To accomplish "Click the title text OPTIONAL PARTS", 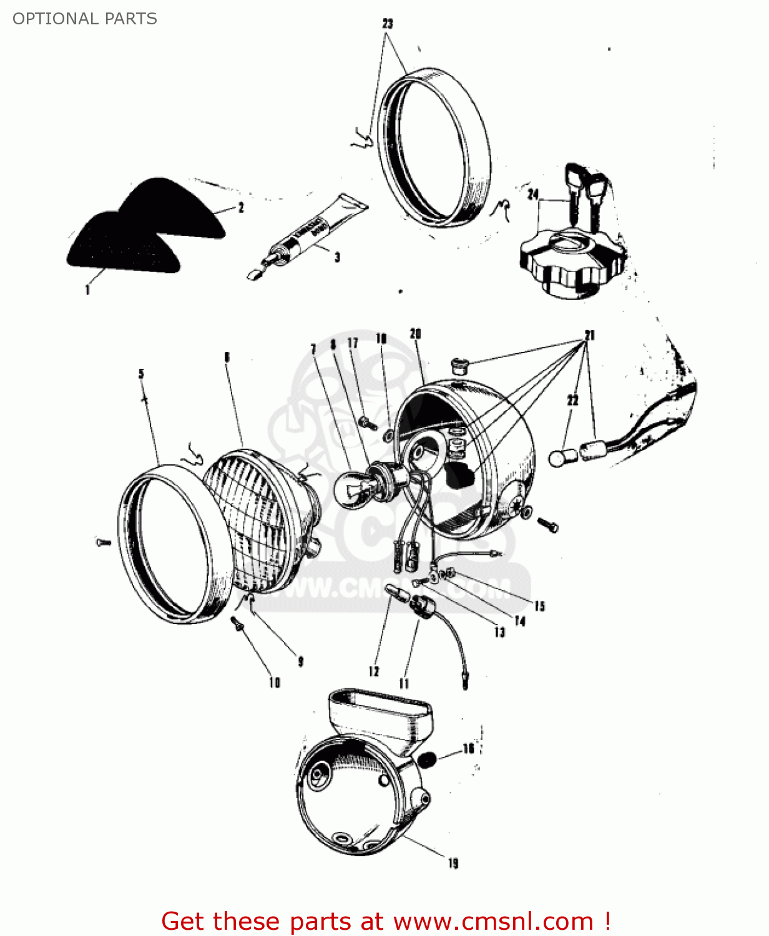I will (85, 19).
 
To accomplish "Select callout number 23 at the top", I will (388, 24).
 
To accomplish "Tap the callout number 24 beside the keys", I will (532, 195).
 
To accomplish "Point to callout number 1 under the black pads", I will (87, 290).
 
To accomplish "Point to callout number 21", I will (589, 336).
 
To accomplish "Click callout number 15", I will (540, 606).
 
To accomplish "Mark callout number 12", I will (373, 671).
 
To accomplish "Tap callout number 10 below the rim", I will (275, 683).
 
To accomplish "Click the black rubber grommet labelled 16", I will (426, 761).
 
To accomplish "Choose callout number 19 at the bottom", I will (453, 863).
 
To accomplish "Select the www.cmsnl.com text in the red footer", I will (493, 922).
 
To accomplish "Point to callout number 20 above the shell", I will (416, 334).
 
